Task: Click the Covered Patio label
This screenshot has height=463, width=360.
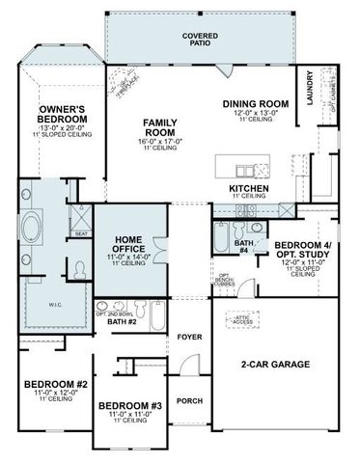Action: (199, 38)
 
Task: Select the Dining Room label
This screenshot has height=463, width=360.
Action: (256, 103)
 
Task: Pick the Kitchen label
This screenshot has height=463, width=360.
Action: (248, 188)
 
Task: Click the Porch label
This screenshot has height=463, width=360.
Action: (190, 399)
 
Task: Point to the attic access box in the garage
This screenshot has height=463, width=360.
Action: (240, 320)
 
